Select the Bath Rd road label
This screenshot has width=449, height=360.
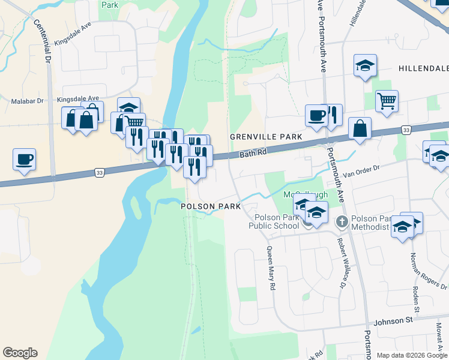252,154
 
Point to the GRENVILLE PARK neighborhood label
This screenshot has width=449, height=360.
266,137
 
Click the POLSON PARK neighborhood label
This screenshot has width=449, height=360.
211,206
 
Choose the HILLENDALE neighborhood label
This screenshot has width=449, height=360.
423,69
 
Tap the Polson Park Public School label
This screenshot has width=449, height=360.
276,221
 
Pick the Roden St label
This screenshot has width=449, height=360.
415,294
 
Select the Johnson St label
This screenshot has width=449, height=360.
391,321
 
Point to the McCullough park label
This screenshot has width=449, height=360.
306,195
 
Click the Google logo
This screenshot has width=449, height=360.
20,353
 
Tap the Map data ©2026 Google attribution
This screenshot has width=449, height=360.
411,355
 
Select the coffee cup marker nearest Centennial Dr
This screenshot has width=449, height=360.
25,160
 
